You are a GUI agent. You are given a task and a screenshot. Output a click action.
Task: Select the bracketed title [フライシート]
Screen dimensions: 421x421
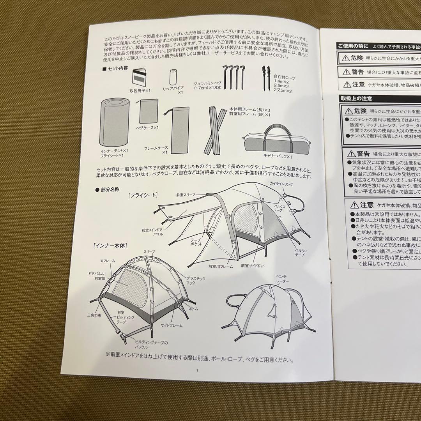click(142, 196)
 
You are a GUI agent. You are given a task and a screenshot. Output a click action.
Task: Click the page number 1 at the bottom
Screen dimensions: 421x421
click(198, 370)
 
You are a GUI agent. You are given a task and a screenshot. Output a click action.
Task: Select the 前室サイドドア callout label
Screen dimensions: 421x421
click(254, 265)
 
